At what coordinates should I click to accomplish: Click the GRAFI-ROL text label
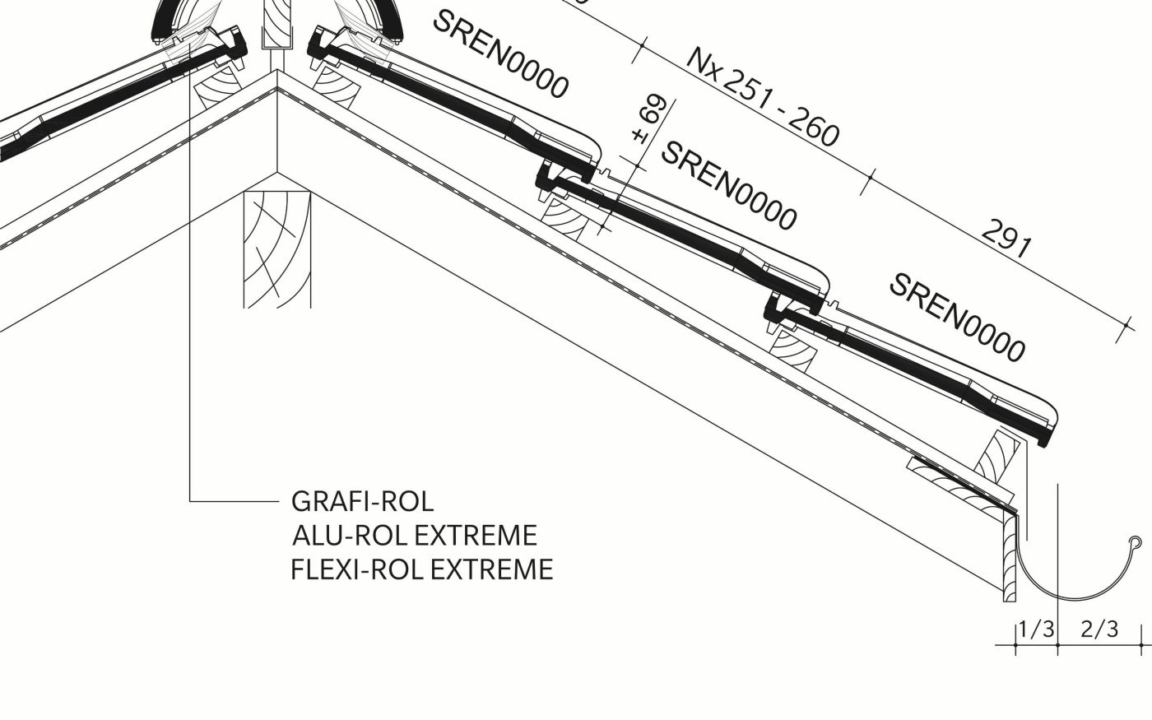[362, 500]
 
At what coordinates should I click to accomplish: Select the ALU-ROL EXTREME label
[415, 535]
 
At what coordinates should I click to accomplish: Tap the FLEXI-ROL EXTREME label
[421, 569]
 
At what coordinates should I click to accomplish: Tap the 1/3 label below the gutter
[1035, 630]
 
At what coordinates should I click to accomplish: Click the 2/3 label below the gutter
[1099, 630]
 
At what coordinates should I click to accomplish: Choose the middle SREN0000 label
[729, 186]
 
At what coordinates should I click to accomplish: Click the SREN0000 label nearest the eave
[958, 318]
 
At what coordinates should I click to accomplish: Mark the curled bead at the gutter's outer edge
[1136, 542]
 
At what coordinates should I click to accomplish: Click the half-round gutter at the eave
[1070, 588]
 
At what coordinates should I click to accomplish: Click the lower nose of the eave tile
[1043, 436]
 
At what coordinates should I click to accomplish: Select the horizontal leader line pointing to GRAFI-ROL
[235, 500]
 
